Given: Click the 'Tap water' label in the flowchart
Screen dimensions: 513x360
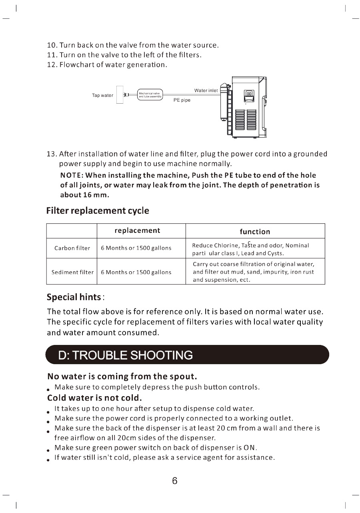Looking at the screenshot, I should tap(102, 95).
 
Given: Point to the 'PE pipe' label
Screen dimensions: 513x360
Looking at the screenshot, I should tap(182, 100).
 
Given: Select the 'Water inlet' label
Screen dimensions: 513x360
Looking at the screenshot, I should tap(206, 90).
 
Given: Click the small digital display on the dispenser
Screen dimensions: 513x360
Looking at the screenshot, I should tap(249, 94).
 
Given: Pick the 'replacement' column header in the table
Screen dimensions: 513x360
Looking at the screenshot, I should tap(137, 230).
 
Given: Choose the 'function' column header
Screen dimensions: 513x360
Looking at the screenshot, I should tap(255, 232).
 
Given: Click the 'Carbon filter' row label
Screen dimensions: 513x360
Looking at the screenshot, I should tap(72, 248).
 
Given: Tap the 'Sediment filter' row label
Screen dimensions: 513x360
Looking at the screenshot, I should tap(72, 272).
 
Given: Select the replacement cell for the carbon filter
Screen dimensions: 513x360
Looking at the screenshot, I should tap(136, 248).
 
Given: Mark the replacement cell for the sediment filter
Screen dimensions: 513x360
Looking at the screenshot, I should tap(136, 272).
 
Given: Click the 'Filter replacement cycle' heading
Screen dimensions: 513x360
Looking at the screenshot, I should tap(98, 210).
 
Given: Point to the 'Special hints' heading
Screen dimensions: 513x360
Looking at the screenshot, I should tap(74, 297).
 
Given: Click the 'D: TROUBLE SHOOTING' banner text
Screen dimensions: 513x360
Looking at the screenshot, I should tap(126, 355).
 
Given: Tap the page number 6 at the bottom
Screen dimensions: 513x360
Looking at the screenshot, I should tap(175, 481).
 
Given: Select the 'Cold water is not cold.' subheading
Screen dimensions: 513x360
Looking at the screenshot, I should tap(94, 398).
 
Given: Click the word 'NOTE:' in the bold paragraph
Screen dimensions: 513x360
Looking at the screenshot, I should tap(72, 175).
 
